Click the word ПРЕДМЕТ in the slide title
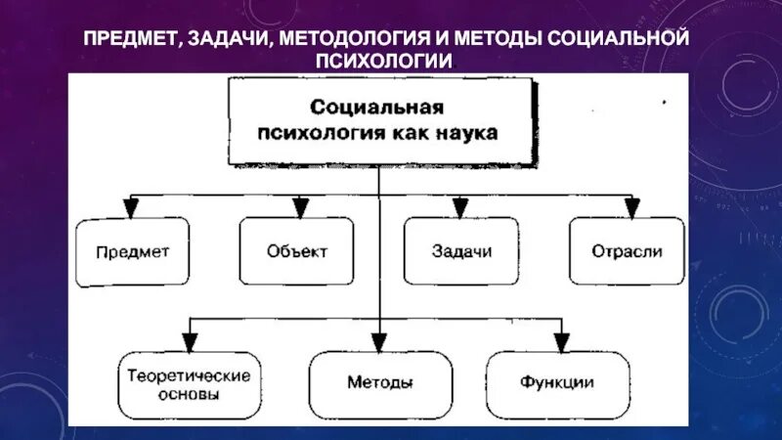[130, 39]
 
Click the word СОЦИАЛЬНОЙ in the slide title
[618, 39]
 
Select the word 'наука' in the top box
[469, 131]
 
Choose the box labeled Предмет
[134, 251]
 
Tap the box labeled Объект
[296, 251]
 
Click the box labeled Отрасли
[626, 251]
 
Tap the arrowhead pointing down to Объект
[300, 207]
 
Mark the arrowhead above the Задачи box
[459, 207]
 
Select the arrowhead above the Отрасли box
[632, 207]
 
